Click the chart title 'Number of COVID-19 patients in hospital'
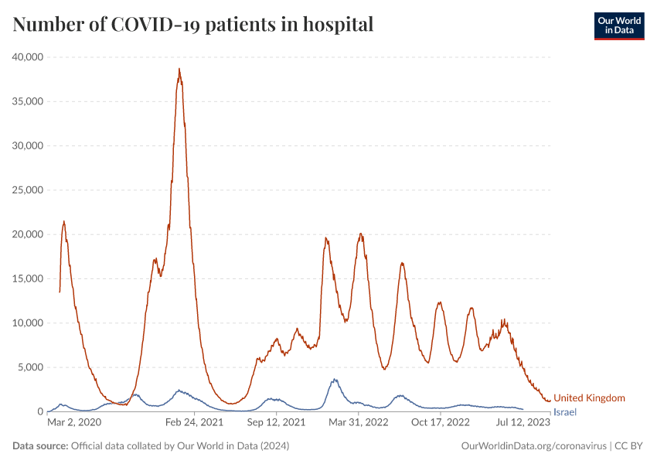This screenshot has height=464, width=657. (193, 25)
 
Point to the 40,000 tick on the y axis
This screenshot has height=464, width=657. (28, 57)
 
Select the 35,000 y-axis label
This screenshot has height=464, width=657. (28, 101)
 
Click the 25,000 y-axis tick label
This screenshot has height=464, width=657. (28, 190)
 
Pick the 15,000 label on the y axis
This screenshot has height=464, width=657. (28, 278)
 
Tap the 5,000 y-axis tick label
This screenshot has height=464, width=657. (30, 367)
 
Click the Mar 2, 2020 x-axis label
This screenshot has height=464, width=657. (74, 422)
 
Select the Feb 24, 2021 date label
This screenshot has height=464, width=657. (194, 422)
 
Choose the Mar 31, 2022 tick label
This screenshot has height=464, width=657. (358, 422)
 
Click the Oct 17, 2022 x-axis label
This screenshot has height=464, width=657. (441, 422)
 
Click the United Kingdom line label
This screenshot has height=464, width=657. (589, 397)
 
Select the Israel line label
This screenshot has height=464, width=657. (565, 412)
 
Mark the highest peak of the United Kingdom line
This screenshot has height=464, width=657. (179, 69)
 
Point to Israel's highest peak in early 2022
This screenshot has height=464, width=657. (335, 379)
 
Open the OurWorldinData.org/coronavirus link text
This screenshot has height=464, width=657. (533, 446)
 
